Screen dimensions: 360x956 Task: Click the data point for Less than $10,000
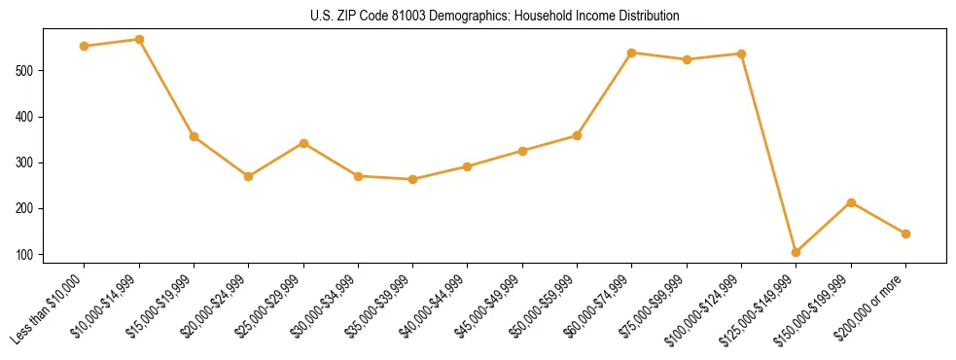pos(85,46)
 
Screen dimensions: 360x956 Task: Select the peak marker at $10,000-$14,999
pos(139,40)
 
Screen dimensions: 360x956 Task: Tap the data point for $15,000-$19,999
pos(195,137)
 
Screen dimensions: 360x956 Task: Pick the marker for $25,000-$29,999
pos(303,143)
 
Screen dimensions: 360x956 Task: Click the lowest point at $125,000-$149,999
pos(797,252)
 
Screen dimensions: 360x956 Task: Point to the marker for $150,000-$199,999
pos(851,202)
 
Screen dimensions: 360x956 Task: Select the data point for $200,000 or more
pos(905,234)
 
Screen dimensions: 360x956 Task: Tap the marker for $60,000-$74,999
pos(632,53)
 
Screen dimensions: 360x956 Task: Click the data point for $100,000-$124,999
pos(741,54)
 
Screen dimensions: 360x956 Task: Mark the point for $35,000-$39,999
pos(413,179)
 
